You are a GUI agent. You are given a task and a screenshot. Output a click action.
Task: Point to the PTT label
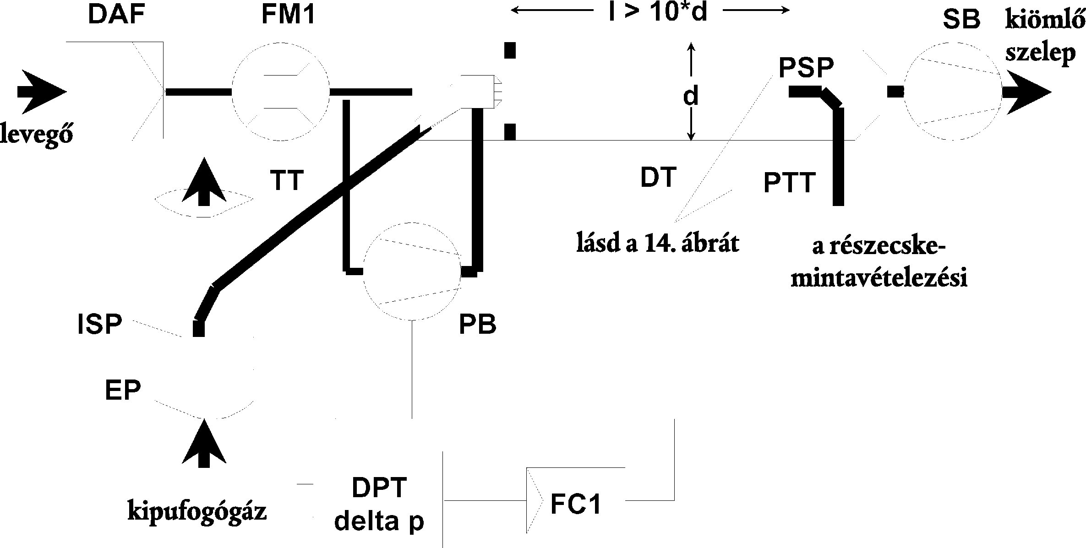(x=790, y=183)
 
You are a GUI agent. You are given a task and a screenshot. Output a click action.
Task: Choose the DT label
(x=659, y=178)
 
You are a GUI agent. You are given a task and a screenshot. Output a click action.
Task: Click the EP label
(x=123, y=391)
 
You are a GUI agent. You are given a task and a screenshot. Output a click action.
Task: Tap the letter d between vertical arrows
(x=691, y=97)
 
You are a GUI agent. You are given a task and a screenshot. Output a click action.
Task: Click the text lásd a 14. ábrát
(x=658, y=244)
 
